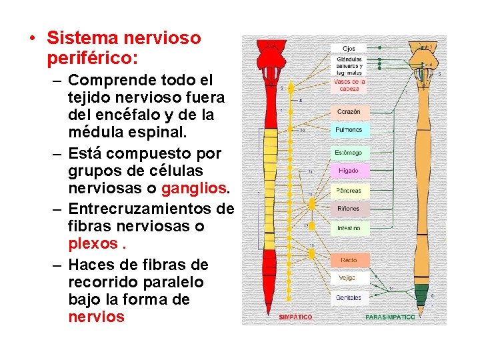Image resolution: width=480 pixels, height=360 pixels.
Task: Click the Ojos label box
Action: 349,49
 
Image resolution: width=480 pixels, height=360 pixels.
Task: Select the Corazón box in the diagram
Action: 348,111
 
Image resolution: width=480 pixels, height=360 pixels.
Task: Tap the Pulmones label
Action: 348,130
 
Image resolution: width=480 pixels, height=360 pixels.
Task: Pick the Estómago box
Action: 348,153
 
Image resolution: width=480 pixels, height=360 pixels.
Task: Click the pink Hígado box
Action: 348,171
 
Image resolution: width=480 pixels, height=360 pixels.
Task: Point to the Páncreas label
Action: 348,191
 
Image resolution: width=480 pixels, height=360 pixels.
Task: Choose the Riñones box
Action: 348,209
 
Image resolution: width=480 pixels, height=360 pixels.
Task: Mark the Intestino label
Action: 348,228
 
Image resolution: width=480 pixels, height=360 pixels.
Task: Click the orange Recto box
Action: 348,260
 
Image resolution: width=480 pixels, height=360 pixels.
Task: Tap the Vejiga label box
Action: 348,277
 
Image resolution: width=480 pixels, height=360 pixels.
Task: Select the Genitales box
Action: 348,297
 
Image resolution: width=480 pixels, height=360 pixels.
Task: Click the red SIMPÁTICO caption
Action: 295,317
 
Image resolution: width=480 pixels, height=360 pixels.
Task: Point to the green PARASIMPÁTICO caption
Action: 390,317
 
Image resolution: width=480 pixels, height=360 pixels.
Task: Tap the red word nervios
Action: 96,317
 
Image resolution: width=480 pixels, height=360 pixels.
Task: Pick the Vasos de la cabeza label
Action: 348,85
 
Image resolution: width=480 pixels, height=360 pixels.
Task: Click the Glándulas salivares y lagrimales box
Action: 349,66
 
